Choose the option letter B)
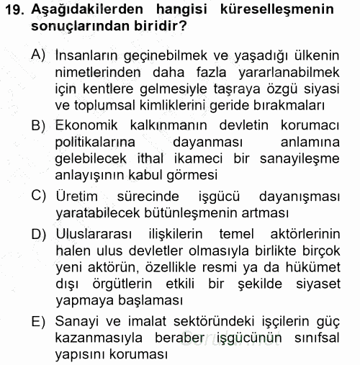pyautogui.click(x=40, y=126)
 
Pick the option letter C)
pyautogui.click(x=40, y=196)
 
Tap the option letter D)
pyautogui.click(x=40, y=235)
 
